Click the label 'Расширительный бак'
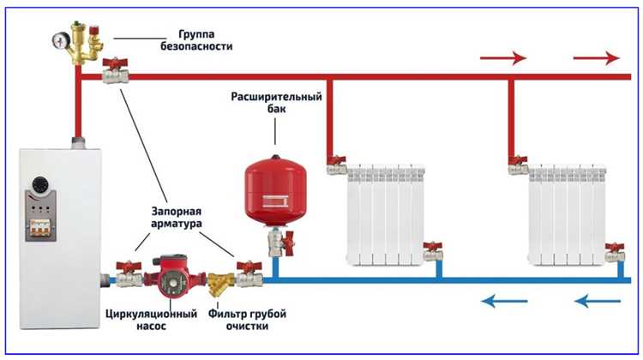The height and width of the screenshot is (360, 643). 274,104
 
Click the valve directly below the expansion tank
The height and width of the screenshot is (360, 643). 275,244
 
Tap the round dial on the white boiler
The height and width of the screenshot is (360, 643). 40,185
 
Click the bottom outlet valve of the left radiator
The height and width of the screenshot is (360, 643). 433,253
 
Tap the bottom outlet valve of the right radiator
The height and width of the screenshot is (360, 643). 614,253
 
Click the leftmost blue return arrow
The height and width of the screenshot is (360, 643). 502,301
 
